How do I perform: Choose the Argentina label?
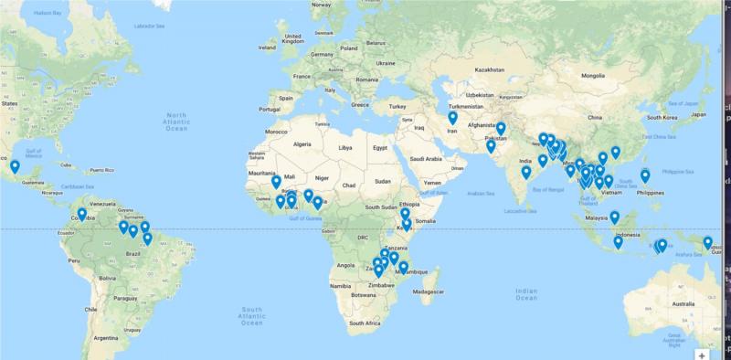point(105,338)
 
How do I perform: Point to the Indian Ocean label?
point(526,292)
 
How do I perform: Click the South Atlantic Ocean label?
point(252,315)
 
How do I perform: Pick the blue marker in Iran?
point(452,118)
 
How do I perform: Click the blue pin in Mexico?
point(15,167)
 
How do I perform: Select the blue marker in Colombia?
point(81,215)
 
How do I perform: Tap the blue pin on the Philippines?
point(645,175)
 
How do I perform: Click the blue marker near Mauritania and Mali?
point(276,182)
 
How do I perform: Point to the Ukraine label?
point(386,63)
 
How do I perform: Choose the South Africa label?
point(365,323)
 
